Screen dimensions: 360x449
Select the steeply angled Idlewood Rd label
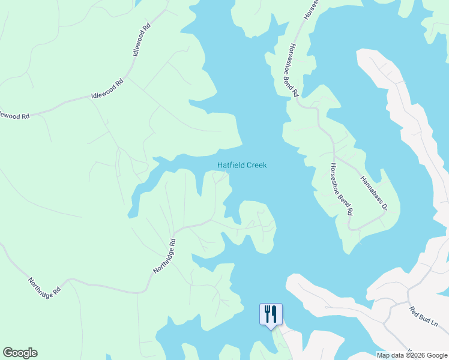(x=141, y=41)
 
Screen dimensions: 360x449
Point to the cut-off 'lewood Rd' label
(x=13, y=114)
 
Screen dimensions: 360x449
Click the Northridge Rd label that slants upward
(x=164, y=257)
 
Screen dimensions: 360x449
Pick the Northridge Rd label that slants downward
(x=44, y=286)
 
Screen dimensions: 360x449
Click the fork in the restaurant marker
(x=267, y=312)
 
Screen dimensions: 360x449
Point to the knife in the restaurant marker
(x=274, y=312)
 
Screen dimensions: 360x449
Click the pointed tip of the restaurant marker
(x=271, y=328)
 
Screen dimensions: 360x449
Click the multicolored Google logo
(x=20, y=353)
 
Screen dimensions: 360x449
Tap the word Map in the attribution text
(x=384, y=355)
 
